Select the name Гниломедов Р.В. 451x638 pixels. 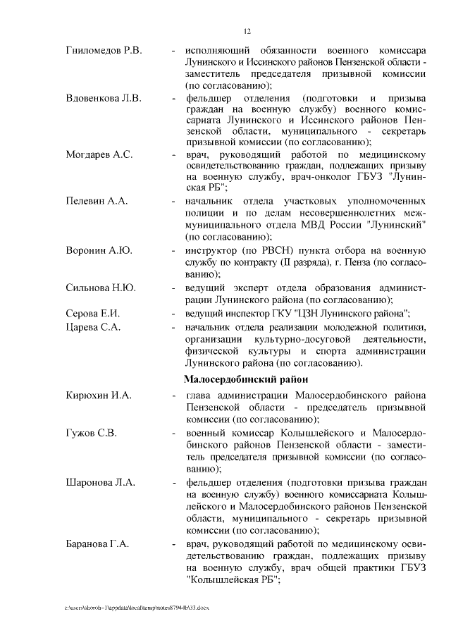pos(104,51)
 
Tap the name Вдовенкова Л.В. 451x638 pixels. pos(104,97)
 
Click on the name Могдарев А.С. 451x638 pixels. pos(99,154)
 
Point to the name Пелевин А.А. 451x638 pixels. pos(97,201)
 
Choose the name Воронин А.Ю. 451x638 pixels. pos(99,250)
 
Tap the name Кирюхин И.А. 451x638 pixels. pos(99,395)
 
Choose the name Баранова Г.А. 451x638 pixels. pos(99,544)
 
